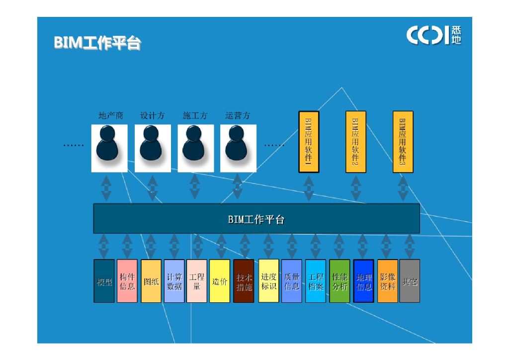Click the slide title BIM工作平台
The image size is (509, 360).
97,43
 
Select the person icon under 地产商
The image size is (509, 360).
109,148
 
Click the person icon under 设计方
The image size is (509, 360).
153,148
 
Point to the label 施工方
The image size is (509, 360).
195,116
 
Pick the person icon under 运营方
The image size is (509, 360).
238,148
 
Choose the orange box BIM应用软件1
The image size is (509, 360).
309,142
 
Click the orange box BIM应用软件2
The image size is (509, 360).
356,142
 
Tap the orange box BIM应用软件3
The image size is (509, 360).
403,142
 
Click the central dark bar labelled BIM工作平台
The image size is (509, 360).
256,219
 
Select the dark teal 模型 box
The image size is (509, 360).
104,281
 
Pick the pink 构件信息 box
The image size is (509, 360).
127,281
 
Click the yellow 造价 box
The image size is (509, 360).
220,281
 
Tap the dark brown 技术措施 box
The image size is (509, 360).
244,281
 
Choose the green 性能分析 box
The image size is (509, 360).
340,281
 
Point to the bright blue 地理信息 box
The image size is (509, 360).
364,281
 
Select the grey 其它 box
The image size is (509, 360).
410,281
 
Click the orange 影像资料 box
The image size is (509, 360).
388,281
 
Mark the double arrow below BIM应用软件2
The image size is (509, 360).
356,188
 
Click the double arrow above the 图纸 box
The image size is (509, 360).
151,246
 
